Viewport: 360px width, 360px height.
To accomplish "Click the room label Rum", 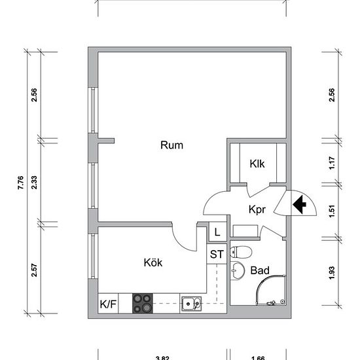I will coord(171,145).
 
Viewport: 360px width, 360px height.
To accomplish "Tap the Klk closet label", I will coord(257,164).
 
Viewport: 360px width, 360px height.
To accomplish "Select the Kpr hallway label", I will coord(256,209).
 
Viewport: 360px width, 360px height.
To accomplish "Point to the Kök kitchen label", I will coord(153,262).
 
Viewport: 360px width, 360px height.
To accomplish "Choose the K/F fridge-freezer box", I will coord(108,304).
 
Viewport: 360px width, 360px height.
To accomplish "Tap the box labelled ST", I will coord(217,254).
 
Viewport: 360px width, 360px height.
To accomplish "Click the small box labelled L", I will coord(217,232).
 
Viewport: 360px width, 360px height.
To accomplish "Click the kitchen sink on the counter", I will coord(191,303).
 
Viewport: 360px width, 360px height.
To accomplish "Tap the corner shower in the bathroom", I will coord(270,289).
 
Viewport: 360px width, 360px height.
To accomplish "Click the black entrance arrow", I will coord(300,206).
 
